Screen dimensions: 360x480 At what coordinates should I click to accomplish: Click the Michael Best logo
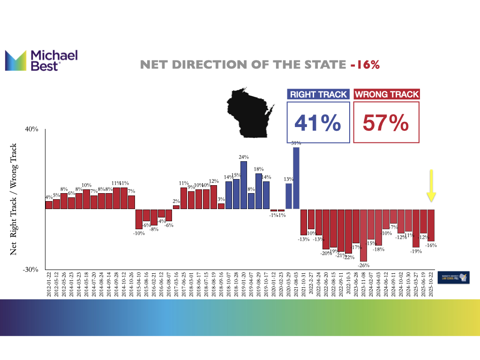[x=41, y=60]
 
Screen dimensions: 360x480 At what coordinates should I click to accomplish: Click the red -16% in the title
[x=365, y=65]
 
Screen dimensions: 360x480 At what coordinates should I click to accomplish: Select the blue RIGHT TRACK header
[x=318, y=94]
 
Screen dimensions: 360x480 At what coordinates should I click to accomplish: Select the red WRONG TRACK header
[x=387, y=94]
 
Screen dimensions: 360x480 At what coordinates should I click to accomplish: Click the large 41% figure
[x=318, y=123]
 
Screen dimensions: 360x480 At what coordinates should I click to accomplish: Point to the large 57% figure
[x=386, y=123]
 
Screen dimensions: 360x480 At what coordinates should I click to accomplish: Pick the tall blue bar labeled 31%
[x=296, y=178]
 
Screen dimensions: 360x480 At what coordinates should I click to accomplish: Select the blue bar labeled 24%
[x=244, y=185]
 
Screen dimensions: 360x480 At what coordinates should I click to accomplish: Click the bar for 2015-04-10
[x=139, y=219]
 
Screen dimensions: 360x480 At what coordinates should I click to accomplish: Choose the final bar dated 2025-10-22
[x=431, y=225]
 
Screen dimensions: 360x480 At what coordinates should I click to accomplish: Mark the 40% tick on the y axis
[x=31, y=130]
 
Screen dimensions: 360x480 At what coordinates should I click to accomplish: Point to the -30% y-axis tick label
[x=31, y=270]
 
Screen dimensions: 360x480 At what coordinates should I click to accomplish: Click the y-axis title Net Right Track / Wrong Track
[x=14, y=199]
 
